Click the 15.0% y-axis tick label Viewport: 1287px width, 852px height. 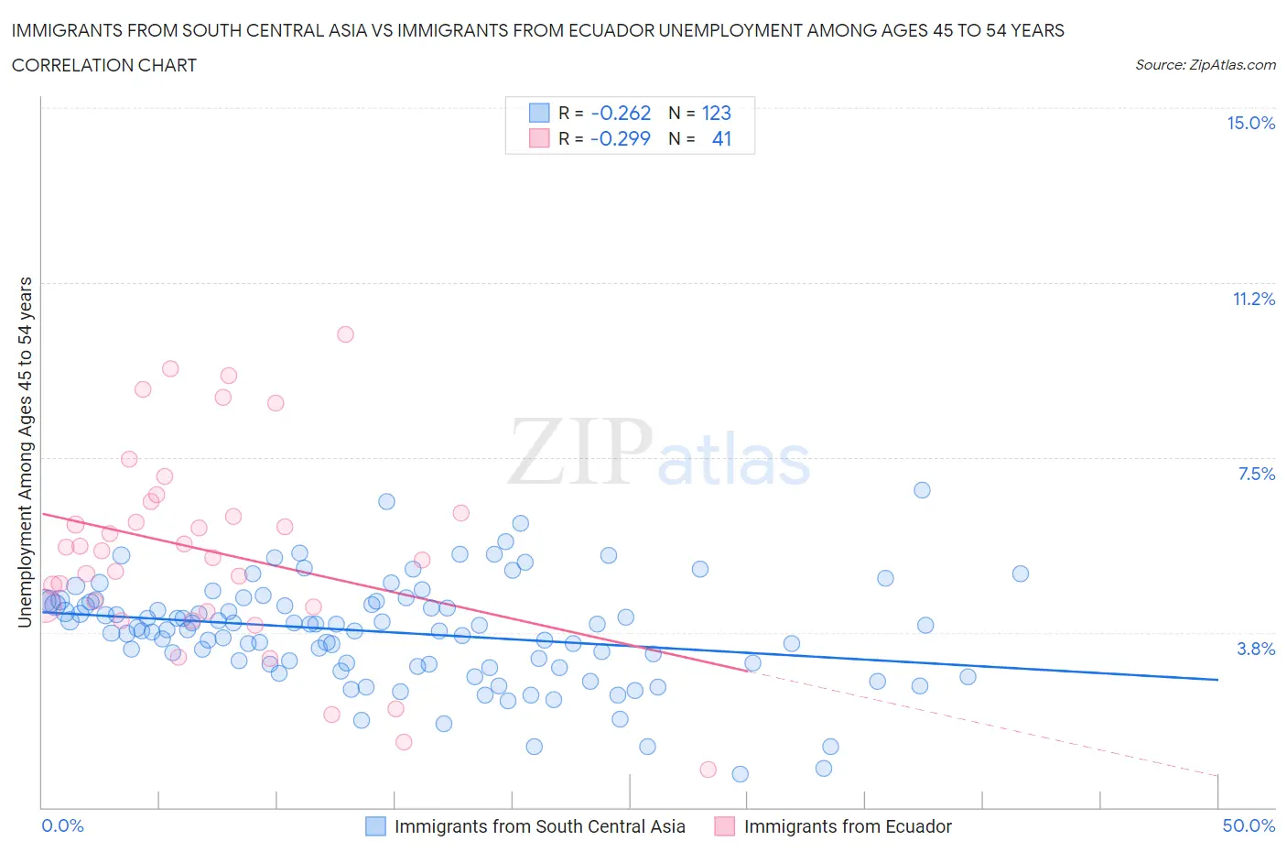pyautogui.click(x=1250, y=123)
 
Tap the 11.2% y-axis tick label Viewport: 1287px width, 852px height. pyautogui.click(x=1253, y=299)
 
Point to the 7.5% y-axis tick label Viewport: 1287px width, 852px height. pyautogui.click(x=1256, y=474)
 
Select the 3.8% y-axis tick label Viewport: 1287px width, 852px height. pyautogui.click(x=1256, y=649)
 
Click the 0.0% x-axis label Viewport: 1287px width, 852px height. pyautogui.click(x=62, y=825)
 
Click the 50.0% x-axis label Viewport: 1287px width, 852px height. pyautogui.click(x=1249, y=825)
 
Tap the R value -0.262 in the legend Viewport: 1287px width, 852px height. pyautogui.click(x=621, y=113)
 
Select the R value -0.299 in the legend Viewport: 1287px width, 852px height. pyautogui.click(x=621, y=138)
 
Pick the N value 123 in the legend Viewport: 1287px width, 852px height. pyautogui.click(x=716, y=113)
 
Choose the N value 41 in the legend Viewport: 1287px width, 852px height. pyautogui.click(x=721, y=138)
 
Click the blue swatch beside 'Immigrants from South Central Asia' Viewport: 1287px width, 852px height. pyautogui.click(x=375, y=826)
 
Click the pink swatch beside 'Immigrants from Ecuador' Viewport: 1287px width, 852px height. pyautogui.click(x=725, y=826)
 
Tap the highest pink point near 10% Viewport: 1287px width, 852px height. pyautogui.click(x=345, y=334)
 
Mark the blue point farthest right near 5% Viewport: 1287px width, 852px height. pyautogui.click(x=1021, y=573)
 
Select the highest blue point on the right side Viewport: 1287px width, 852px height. pyautogui.click(x=922, y=490)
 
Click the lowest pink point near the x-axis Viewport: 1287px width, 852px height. pyautogui.click(x=708, y=770)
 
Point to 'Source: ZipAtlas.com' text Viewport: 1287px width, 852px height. pyautogui.click(x=1205, y=64)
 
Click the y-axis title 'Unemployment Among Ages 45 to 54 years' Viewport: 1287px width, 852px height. pyautogui.click(x=25, y=452)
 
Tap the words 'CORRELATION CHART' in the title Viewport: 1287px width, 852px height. pyautogui.click(x=104, y=65)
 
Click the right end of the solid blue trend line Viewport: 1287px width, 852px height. pyautogui.click(x=1217, y=680)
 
